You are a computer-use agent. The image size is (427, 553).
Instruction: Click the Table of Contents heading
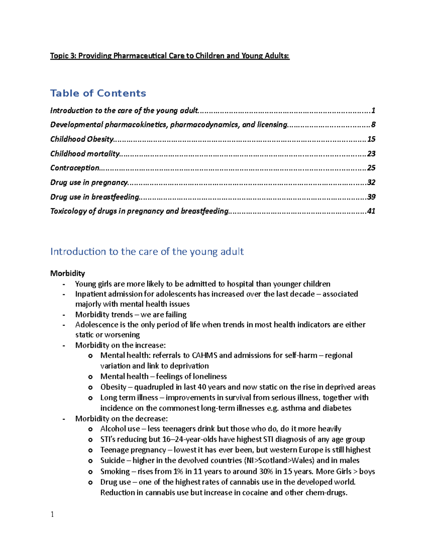[x=98, y=93]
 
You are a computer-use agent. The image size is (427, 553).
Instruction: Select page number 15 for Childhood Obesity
[x=371, y=139]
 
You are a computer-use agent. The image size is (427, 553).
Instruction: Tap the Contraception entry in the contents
[x=75, y=168]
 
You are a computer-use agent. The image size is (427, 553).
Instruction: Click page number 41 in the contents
[x=371, y=211]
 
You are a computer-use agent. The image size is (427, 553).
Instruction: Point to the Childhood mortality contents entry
[x=85, y=153]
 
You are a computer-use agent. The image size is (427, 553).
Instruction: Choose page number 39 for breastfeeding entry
[x=371, y=197]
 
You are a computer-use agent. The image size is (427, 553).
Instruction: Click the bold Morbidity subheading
[x=68, y=273]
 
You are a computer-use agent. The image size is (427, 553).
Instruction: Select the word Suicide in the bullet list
[x=112, y=460]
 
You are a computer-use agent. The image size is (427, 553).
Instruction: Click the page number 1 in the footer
[x=52, y=514]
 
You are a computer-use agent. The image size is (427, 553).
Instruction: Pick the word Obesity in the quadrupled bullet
[x=113, y=387]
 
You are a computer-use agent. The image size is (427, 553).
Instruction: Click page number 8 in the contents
[x=373, y=125]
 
